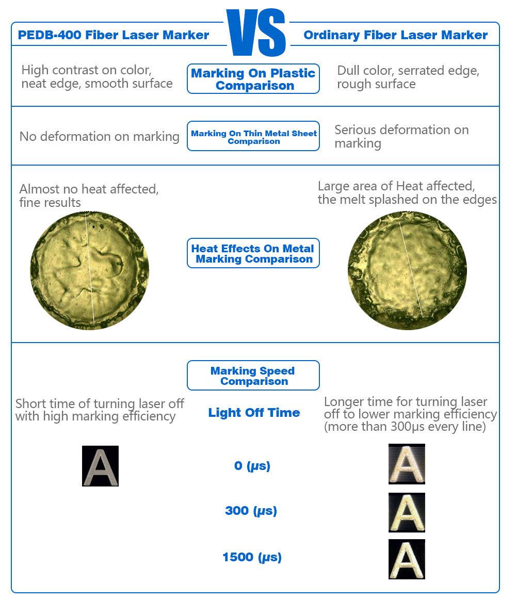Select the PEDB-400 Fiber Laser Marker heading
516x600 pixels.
click(114, 35)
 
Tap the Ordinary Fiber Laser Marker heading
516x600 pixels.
click(395, 35)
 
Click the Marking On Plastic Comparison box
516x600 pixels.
click(253, 79)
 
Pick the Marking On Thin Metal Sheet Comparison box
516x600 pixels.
click(253, 137)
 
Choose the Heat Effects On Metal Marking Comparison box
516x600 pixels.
click(253, 254)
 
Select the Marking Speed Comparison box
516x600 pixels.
click(253, 376)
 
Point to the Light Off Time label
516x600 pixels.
click(254, 413)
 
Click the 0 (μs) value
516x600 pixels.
click(252, 466)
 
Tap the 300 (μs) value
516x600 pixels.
click(251, 511)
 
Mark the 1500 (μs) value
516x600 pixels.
click(252, 557)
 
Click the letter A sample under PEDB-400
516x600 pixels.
click(100, 466)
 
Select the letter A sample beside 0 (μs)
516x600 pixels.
click(407, 464)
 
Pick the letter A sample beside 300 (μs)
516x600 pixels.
click(407, 512)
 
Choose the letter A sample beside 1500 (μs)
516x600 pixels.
click(407, 559)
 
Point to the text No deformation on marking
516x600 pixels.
click(100, 137)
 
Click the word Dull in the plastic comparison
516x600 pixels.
click(348, 71)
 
